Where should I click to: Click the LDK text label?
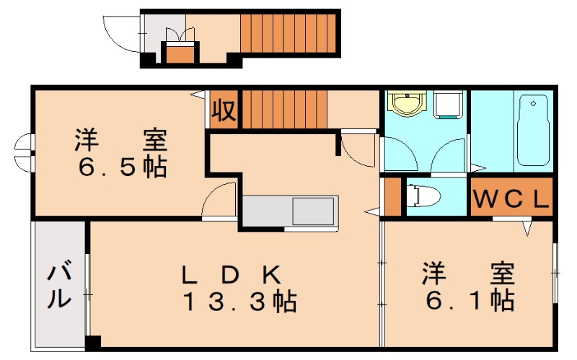[230, 274]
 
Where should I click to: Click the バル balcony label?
[61, 286]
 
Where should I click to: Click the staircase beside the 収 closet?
[283, 109]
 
